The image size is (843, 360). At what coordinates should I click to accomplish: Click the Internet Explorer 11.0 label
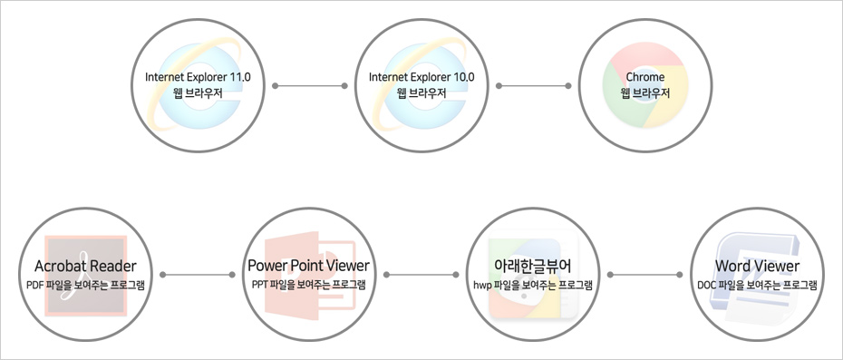point(198,77)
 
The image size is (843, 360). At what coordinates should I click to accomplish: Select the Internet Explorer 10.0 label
point(421,77)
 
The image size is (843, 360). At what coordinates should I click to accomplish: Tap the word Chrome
point(644,77)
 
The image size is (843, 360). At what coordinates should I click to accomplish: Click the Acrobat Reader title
point(85,266)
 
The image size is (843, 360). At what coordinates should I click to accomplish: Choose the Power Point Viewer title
point(308,266)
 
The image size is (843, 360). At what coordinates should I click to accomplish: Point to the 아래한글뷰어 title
point(532,266)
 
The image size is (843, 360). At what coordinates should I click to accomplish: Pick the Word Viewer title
point(757,266)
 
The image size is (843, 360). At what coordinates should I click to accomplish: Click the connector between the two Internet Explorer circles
point(309,87)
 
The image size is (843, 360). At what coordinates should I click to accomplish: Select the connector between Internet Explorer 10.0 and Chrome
point(533,87)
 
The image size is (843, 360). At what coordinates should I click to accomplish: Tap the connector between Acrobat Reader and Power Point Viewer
point(197,274)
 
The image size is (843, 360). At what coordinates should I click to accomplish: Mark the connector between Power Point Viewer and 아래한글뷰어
point(421,274)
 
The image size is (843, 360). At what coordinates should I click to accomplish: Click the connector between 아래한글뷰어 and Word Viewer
point(644,274)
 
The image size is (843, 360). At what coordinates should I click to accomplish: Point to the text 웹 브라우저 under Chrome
point(644,93)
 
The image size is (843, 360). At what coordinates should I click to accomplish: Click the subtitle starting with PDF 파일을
point(85,285)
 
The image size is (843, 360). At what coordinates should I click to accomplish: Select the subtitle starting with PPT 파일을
point(308,285)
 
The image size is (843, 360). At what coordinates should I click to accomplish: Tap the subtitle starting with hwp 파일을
point(532,285)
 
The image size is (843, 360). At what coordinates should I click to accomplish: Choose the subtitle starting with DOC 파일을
point(757,285)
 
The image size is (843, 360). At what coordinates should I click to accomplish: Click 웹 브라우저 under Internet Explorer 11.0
point(198,93)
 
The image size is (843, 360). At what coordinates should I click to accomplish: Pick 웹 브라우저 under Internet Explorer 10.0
point(421,93)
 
